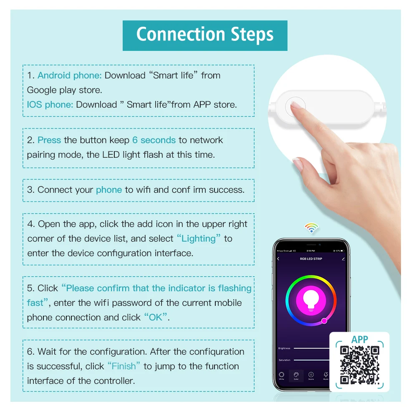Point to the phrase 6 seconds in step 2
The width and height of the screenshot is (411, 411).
click(x=154, y=140)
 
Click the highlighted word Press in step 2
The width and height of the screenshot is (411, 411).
click(x=49, y=140)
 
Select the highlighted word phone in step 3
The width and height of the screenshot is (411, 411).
click(x=109, y=190)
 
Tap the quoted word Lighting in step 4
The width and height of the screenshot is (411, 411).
click(x=199, y=239)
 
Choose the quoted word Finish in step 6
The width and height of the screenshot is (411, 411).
click(x=124, y=366)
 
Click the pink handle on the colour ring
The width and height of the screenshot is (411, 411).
click(x=324, y=321)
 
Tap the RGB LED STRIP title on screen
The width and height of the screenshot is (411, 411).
click(x=311, y=259)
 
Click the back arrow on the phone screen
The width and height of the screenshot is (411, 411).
click(x=278, y=259)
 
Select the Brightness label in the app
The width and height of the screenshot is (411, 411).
click(x=284, y=348)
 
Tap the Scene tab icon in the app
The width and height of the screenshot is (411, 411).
click(x=311, y=375)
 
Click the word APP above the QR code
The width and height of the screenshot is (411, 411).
click(x=359, y=340)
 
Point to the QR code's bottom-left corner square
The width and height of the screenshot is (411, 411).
click(x=344, y=380)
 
